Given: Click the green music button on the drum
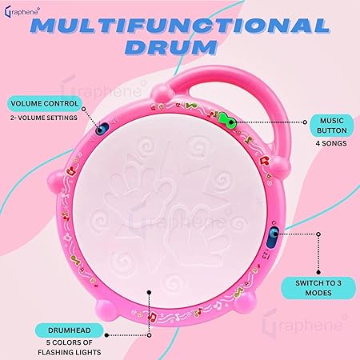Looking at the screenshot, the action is [227, 120].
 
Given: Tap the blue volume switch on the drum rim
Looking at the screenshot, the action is [102, 129].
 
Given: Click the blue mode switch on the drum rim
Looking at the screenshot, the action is [272, 238].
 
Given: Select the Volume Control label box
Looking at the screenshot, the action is [45, 103].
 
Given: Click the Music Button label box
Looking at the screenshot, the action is [332, 126].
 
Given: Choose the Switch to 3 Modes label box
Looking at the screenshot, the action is [318, 288].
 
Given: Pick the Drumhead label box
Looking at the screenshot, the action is [70, 330].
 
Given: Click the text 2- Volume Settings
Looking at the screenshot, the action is [44, 118].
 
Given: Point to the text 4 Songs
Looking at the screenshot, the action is [331, 143].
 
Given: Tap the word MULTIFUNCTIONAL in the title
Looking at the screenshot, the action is [180, 26].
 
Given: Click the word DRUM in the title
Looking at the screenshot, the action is [174, 47].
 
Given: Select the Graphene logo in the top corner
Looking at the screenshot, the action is [22, 12].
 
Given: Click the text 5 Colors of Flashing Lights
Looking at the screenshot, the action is [70, 347].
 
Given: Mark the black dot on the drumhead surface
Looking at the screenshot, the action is [150, 293].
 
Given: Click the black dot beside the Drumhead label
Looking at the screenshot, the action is [106, 335].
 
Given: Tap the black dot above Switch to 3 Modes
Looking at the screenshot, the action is [318, 272].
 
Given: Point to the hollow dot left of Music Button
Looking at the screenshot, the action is [305, 122].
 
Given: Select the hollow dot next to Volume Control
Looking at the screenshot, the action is [83, 109].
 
